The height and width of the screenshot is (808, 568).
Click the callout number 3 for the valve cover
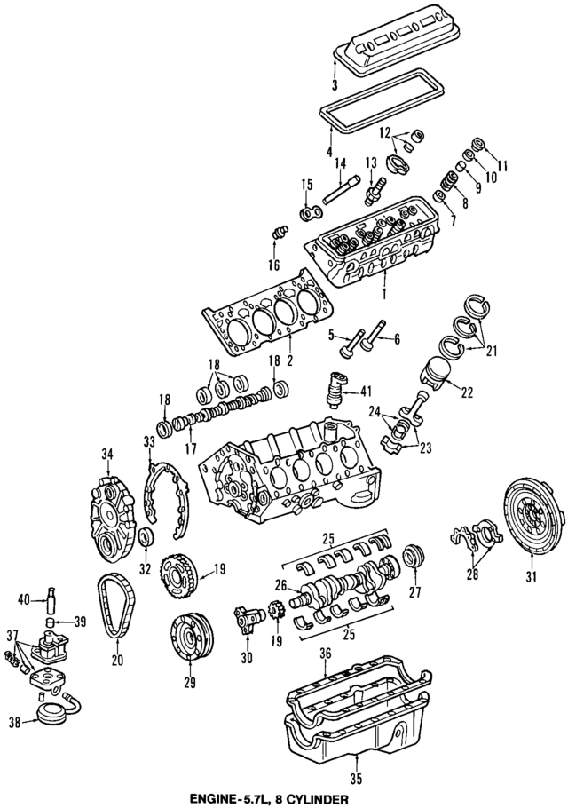[335, 86]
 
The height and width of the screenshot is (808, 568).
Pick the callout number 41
[367, 391]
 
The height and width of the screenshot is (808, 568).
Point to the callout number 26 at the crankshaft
[280, 585]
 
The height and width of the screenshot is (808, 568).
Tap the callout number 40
[25, 600]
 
